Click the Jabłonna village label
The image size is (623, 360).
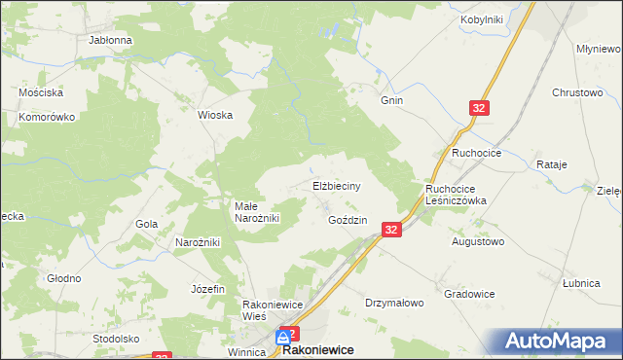[x=110, y=41]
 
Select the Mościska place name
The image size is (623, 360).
[x=41, y=92]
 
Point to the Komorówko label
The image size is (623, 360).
[x=47, y=117]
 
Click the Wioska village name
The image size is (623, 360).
[x=215, y=115]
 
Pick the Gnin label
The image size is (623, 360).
[x=391, y=100]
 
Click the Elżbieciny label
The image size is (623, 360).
[x=337, y=185]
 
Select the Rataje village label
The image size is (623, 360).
[x=551, y=165]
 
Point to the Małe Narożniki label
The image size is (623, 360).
[x=257, y=212]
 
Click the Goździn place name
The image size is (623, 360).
[x=348, y=221]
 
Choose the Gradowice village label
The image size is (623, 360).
[x=469, y=294]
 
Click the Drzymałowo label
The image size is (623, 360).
[x=394, y=303]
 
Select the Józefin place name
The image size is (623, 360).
[x=208, y=290]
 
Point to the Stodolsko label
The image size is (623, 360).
[x=116, y=339]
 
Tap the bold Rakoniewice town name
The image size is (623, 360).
[x=317, y=349]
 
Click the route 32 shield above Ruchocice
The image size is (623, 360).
[x=478, y=110]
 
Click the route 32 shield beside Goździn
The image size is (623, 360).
[x=391, y=230]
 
